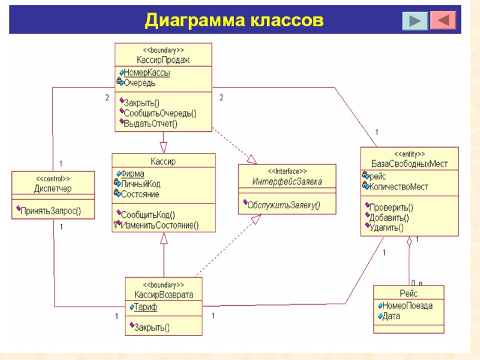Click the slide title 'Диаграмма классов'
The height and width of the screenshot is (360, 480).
coord(234,20)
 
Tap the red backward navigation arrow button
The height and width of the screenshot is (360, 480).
coord(443,20)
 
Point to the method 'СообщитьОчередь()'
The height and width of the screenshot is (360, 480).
coord(160,113)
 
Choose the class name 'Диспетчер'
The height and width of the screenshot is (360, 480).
coord(53,189)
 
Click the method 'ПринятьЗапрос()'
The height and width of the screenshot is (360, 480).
coord(50,211)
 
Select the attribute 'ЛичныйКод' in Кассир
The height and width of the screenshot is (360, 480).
coord(141,184)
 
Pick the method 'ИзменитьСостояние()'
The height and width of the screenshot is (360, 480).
coord(160,225)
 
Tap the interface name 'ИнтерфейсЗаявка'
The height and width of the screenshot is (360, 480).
coord(287,182)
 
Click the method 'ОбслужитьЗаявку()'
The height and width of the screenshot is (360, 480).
coord(284,205)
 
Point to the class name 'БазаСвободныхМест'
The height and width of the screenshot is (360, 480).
coord(409,164)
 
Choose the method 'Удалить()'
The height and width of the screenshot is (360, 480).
coord(386,227)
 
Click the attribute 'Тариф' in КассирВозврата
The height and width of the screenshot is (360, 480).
coord(146,307)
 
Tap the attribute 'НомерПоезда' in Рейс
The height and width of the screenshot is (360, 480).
coord(407,305)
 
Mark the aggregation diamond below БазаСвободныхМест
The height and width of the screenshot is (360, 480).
coord(409,242)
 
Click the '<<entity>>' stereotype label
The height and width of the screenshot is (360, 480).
coord(409,154)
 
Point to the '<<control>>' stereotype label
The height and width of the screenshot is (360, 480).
coord(53,179)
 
